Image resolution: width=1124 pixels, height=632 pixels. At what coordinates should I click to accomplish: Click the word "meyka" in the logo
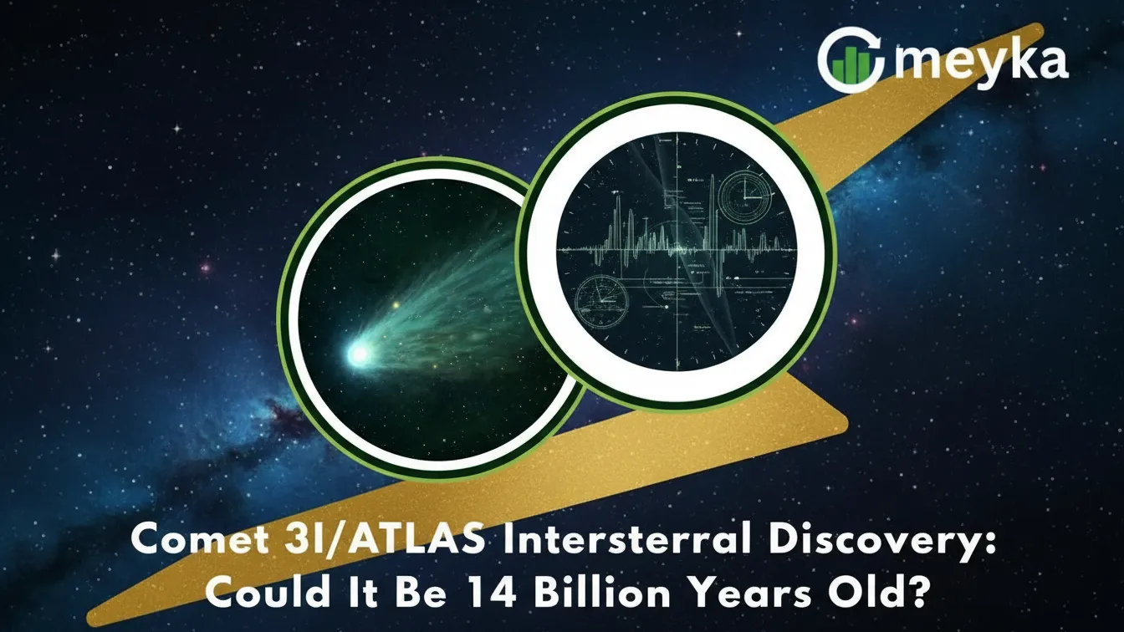979,61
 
